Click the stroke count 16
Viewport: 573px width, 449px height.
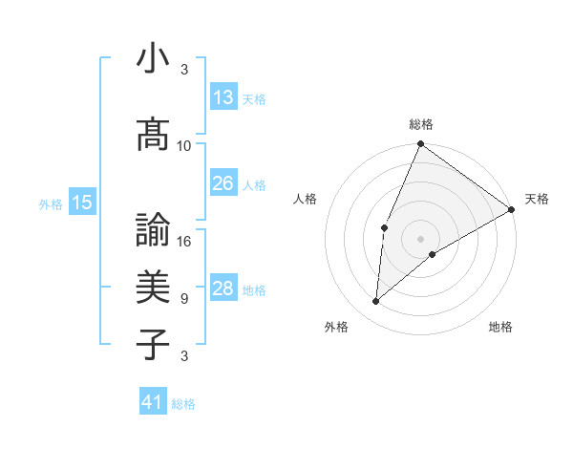click(x=184, y=242)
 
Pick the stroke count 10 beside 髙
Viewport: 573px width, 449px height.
click(x=184, y=146)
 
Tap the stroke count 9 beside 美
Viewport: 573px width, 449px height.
click(x=184, y=299)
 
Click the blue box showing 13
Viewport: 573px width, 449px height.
click(x=223, y=97)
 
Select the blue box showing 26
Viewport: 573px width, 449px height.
click(x=223, y=183)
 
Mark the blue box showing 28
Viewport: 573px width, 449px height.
click(x=223, y=289)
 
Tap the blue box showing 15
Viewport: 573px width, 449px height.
click(x=82, y=202)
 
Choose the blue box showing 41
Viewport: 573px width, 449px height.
click(x=153, y=402)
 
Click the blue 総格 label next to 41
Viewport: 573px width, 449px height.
click(x=183, y=404)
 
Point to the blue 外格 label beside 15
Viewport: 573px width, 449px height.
click(x=51, y=203)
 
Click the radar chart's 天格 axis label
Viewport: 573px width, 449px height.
click(x=537, y=199)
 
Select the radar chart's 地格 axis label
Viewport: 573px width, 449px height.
click(x=500, y=327)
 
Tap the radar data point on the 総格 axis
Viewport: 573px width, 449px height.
click(x=420, y=144)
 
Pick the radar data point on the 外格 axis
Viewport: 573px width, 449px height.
click(x=376, y=302)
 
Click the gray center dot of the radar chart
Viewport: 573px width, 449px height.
click(x=420, y=238)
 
